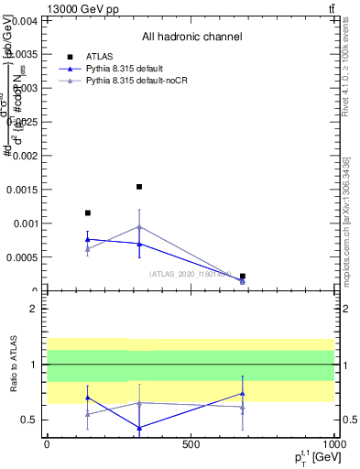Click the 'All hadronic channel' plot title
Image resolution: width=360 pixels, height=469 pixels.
[191, 37]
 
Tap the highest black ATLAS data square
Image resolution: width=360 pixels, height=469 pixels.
[139, 187]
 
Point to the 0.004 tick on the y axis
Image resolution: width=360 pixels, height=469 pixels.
[25, 20]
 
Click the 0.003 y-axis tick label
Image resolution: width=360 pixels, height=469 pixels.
[25, 88]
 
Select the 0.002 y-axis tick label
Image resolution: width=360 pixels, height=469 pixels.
[25, 156]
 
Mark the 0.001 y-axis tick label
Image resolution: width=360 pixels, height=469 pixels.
[25, 224]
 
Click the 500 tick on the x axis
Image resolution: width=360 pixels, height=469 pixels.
[191, 444]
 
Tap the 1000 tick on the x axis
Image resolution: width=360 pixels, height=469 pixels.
[333, 444]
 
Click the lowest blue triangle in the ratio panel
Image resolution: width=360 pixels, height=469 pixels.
[139, 428]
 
